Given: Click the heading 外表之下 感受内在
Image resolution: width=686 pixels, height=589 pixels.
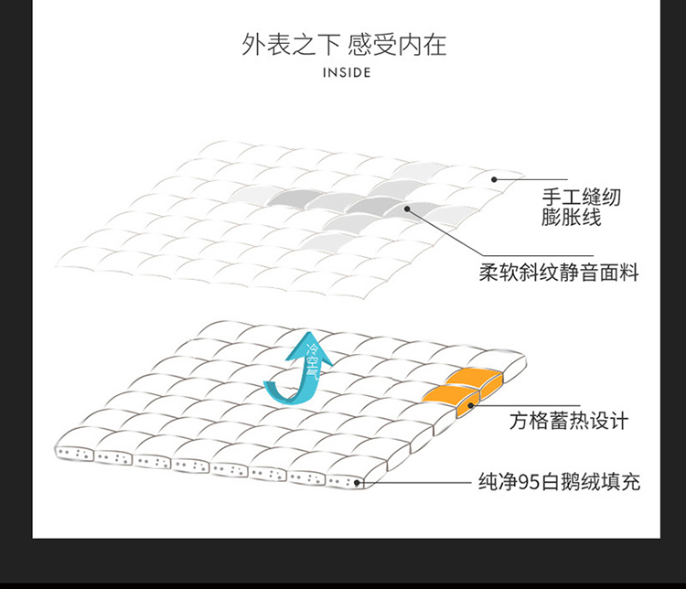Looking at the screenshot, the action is coord(344,45).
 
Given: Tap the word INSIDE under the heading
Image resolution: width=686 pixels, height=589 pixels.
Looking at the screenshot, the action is coord(347,72).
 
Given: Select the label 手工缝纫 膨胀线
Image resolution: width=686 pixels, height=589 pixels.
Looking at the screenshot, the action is coord(581,207).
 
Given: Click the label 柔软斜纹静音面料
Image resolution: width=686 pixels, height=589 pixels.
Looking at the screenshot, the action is coord(559,273).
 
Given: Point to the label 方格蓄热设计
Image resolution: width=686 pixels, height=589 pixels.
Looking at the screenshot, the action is coord(569,421).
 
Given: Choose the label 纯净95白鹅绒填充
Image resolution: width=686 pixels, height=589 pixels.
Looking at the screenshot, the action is coord(559,482).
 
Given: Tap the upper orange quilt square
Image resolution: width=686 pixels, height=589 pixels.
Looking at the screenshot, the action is coord(476,380).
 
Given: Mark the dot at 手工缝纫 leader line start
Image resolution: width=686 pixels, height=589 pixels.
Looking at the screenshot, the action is coord(494,179).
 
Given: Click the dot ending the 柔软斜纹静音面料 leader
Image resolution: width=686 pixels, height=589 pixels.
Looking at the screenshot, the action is coord(407,209).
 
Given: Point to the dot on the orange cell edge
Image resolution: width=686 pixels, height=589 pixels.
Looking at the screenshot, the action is coord(471,406).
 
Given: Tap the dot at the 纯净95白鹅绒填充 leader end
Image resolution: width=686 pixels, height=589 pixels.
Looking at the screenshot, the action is coord(357,483).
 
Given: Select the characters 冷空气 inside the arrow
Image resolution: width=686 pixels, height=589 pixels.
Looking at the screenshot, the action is coord(313,361).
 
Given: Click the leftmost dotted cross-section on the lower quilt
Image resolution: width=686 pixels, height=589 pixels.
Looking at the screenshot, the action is coord(73,454).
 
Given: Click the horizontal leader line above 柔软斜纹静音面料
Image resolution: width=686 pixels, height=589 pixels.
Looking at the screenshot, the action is coord(539,256).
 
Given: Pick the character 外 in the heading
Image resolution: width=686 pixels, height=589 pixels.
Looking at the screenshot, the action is coord(253,45).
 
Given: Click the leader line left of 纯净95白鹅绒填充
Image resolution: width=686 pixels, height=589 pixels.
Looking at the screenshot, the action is coord(414,483).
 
